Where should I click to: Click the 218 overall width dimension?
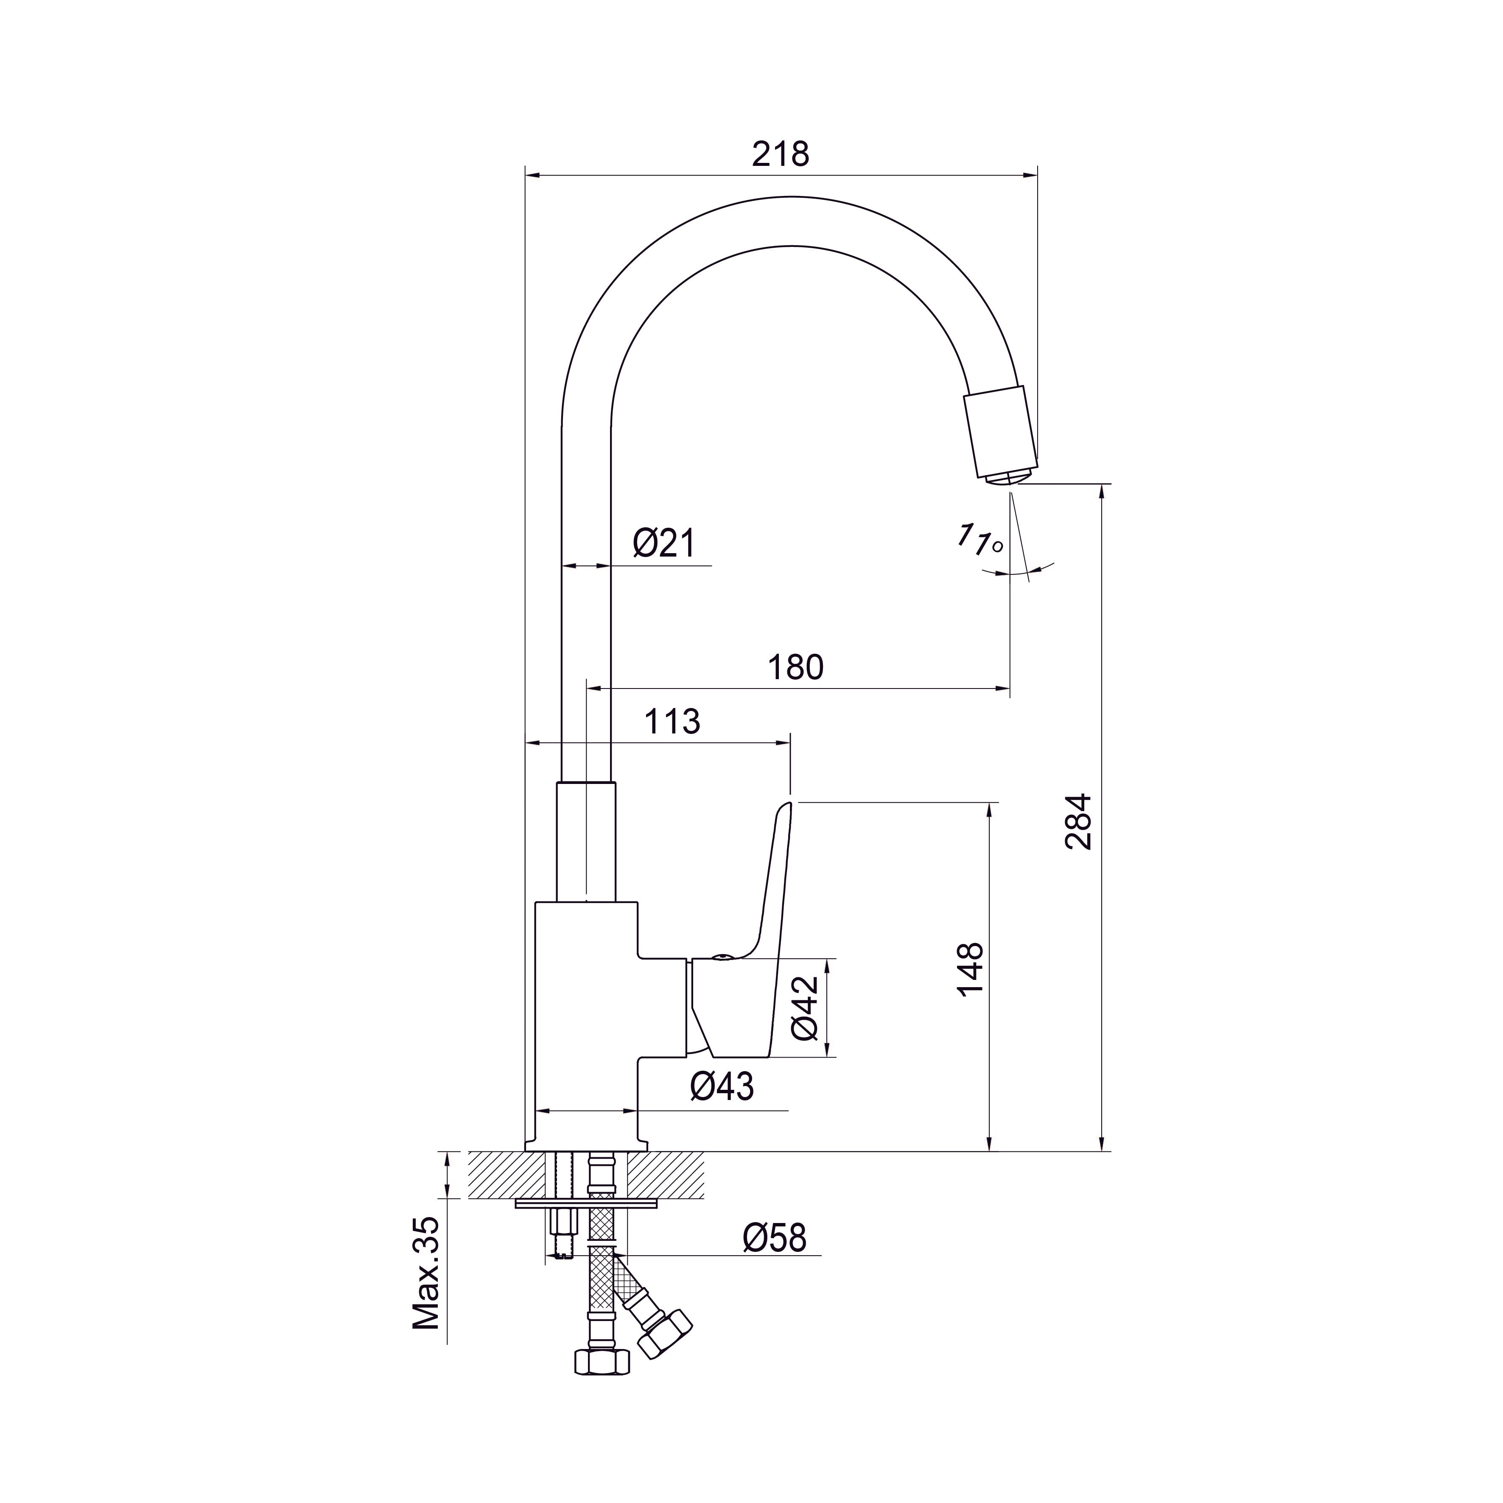click(780, 154)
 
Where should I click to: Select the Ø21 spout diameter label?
click(663, 543)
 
